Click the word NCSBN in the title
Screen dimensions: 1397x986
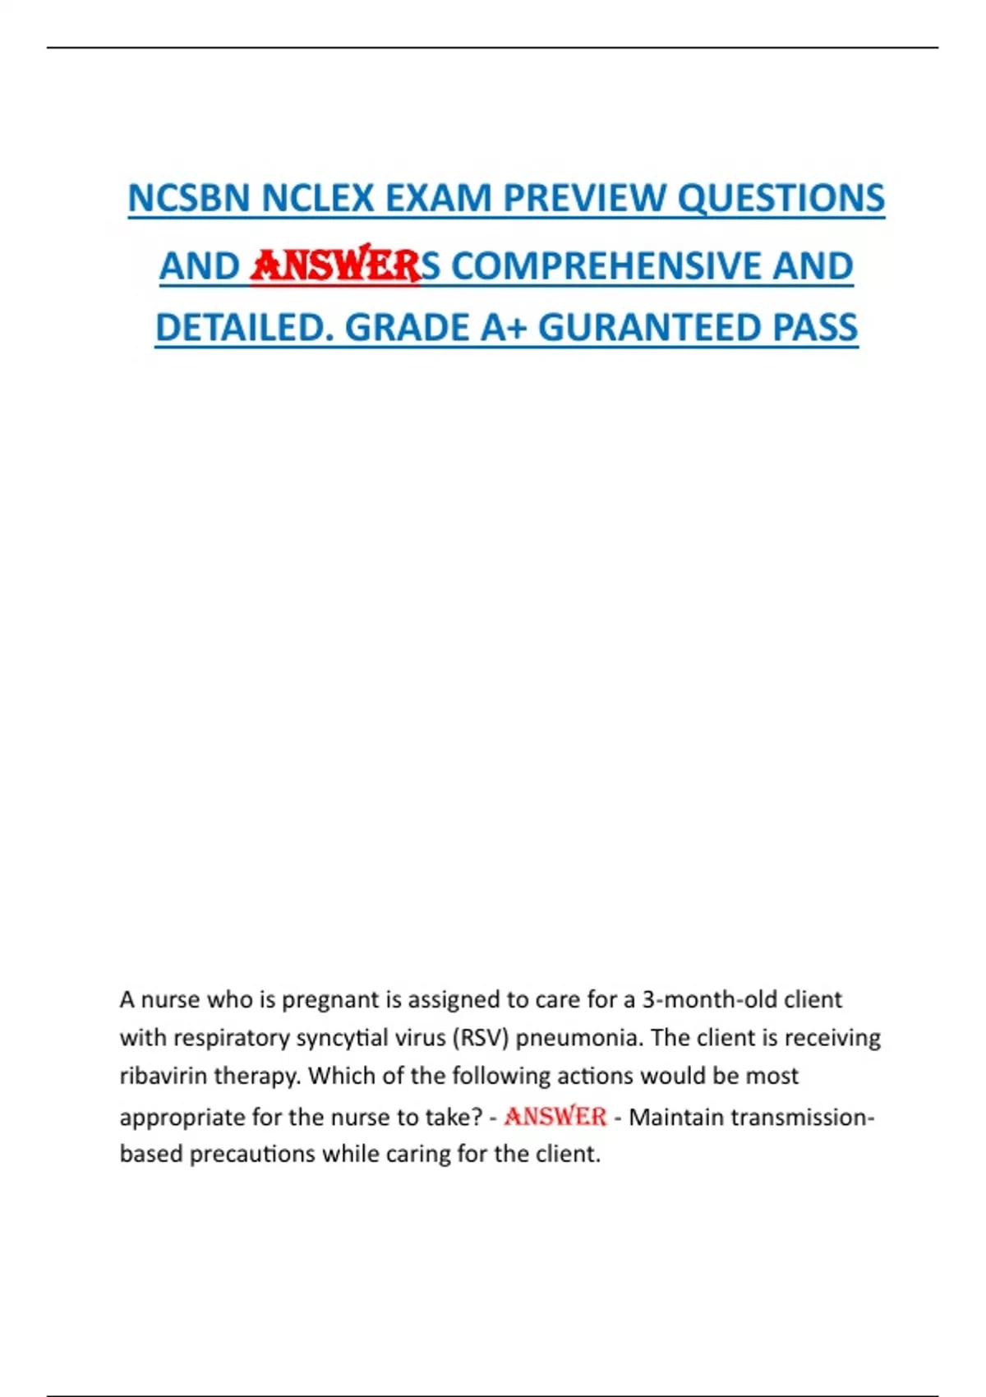point(188,198)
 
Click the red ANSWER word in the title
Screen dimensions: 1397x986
point(335,265)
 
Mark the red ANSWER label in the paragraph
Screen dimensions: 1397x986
point(555,1117)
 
